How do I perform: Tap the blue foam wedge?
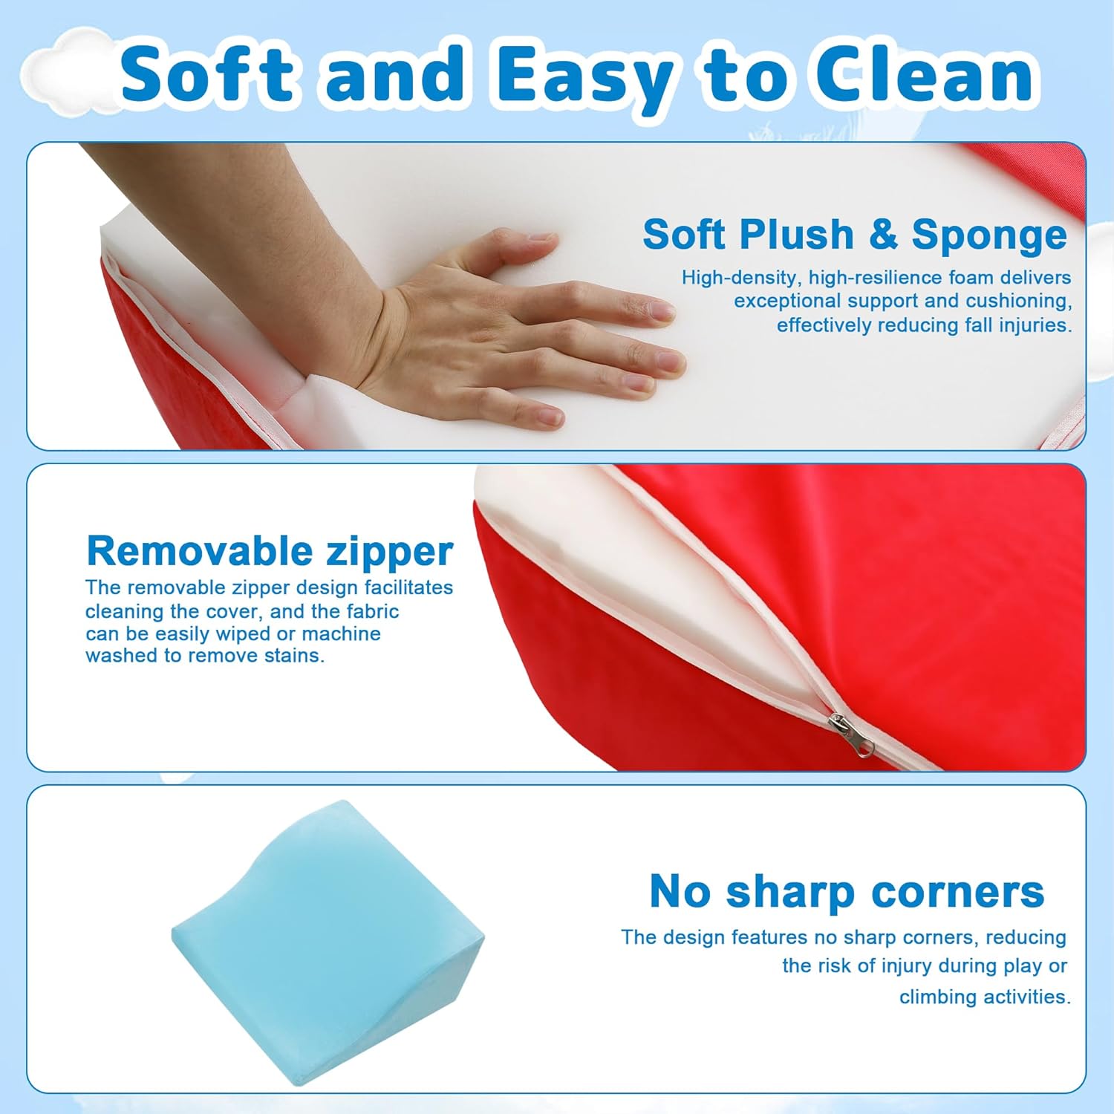[x=328, y=943]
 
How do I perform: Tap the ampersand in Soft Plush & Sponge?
[x=882, y=234]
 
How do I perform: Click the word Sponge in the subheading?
[x=989, y=236]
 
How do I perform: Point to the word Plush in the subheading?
[x=796, y=235]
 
